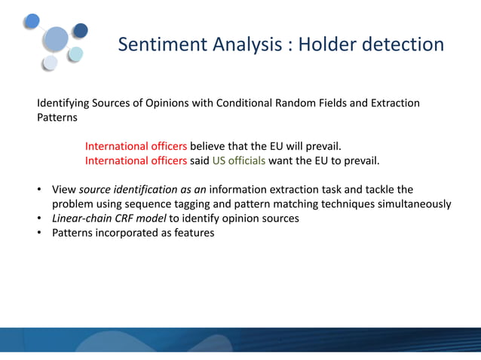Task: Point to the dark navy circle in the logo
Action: click(x=80, y=30)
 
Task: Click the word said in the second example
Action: click(x=200, y=160)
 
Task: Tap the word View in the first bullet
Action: click(x=63, y=189)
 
